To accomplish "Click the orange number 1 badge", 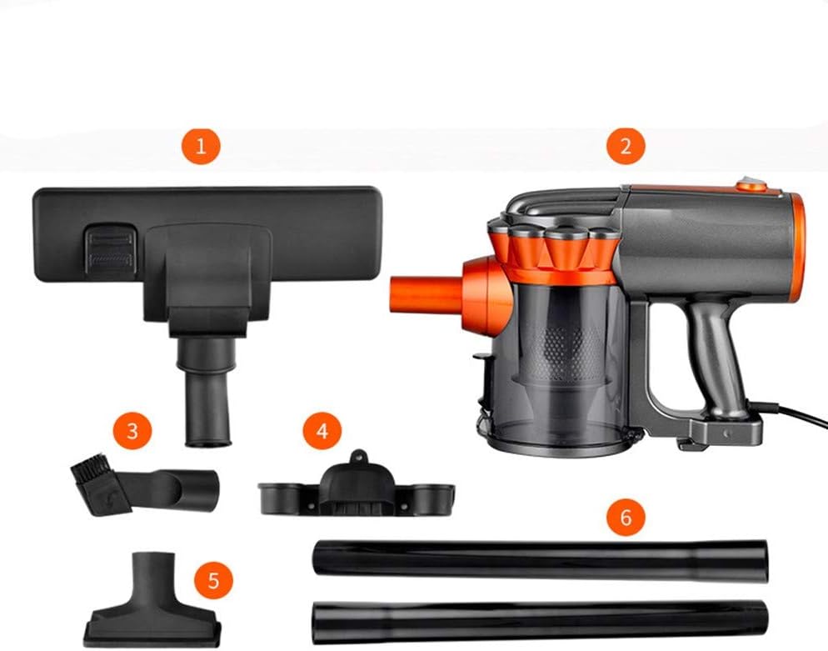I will pos(200,148).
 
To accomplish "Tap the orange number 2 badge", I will pos(626,148).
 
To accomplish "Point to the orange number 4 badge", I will pos(320,431).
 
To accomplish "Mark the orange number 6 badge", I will pos(626,517).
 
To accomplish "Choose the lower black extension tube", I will pos(540,618).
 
